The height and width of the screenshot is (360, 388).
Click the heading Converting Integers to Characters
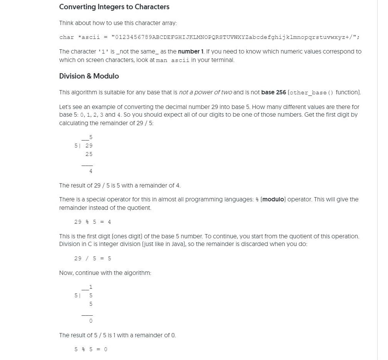coord(114,7)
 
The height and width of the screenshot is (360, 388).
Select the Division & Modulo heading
coord(89,76)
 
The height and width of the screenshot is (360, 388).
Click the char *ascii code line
coord(209,37)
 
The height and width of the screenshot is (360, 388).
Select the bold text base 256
coord(273,92)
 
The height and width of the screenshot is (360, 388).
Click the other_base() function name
coord(311,93)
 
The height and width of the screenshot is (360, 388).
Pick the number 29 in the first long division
coord(89,146)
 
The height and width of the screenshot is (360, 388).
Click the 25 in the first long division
coord(89,154)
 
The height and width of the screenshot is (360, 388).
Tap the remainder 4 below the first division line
coord(91,171)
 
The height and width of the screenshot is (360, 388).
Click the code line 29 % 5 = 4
coord(93,222)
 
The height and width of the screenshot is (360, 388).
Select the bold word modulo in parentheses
coord(273,199)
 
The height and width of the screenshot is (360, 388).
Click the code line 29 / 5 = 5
coord(93,259)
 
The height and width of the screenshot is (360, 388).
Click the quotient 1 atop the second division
coord(91,287)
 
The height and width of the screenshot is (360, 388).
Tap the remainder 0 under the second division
coord(91,321)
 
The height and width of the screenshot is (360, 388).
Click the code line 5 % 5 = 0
coord(91,350)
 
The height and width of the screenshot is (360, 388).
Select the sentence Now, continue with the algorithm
coord(105,273)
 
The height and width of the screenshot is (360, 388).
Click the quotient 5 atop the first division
coord(91,137)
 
